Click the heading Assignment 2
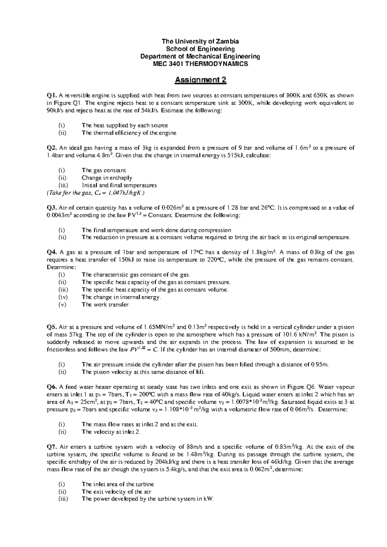[x=200, y=80]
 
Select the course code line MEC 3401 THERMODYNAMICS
[x=200, y=64]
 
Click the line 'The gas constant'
[x=104, y=170]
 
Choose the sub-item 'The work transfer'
[x=105, y=305]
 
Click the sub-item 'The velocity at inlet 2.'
[x=111, y=432]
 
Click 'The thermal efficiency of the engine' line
[x=129, y=133]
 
